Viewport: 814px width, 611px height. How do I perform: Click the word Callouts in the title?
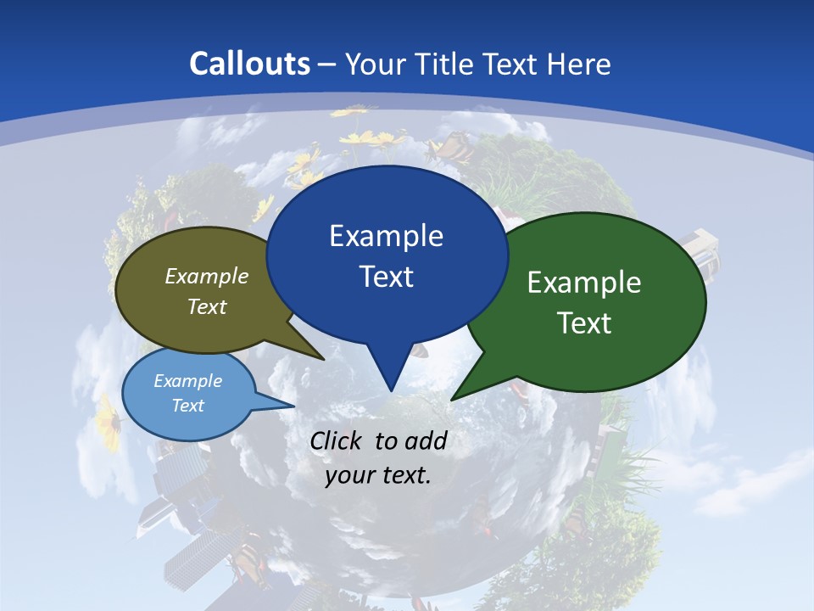[250, 64]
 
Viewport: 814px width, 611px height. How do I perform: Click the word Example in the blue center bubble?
[386, 236]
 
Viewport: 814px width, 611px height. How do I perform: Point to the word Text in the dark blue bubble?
[386, 277]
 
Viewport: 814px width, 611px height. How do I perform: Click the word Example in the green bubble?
[584, 283]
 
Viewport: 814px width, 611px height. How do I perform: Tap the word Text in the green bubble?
[585, 323]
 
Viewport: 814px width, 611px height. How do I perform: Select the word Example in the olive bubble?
[207, 276]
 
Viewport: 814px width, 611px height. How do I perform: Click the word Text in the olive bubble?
[207, 306]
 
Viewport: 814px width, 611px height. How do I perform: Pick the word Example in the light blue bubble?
[187, 381]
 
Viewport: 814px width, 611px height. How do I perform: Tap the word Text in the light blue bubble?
[187, 406]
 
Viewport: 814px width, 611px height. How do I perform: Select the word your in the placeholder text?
[350, 475]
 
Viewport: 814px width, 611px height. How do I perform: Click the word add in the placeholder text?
[426, 440]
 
